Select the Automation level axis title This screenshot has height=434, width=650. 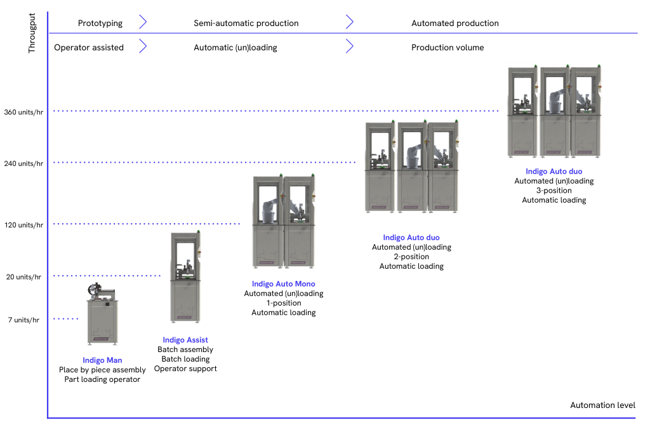[602, 405]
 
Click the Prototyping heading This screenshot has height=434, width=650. [100, 24]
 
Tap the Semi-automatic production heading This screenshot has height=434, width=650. [246, 24]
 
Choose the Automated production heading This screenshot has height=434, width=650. [454, 24]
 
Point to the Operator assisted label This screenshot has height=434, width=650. [89, 48]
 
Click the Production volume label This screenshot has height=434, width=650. [448, 48]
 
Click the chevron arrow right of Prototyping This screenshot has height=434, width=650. [143, 23]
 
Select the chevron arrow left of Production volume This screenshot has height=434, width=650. [349, 47]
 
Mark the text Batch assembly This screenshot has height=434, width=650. [185, 349]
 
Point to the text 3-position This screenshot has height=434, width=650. [554, 191]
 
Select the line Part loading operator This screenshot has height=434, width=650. [102, 379]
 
